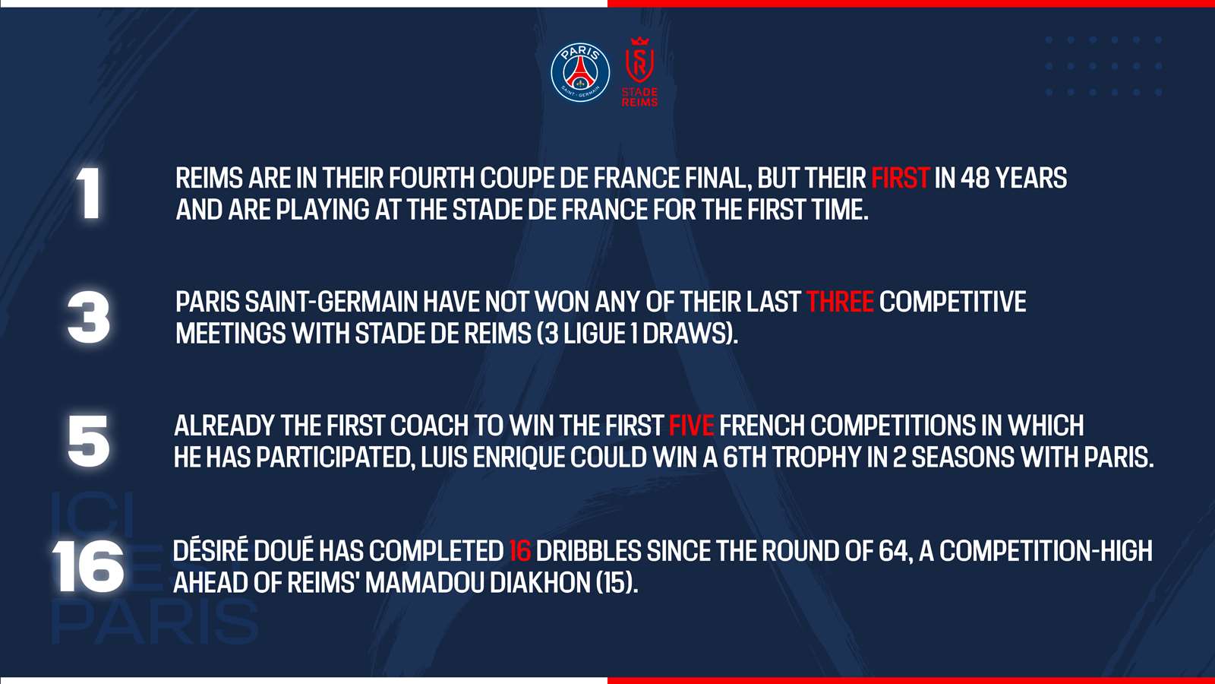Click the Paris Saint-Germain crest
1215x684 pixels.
(580, 72)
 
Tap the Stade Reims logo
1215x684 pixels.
(639, 71)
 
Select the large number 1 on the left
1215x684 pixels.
(89, 193)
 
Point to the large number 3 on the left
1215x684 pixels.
(88, 318)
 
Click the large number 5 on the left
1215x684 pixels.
(89, 442)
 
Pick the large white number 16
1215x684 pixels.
(88, 566)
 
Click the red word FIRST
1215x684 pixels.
(901, 179)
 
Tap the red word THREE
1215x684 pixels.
(840, 302)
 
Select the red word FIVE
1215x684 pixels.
(691, 426)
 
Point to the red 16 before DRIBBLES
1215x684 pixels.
(519, 551)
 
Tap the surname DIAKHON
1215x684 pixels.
(540, 583)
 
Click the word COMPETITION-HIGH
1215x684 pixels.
(1046, 551)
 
